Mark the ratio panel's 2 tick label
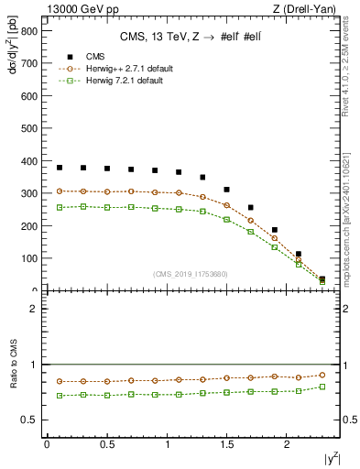tap(34, 309)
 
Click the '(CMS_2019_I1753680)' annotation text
tap(191, 273)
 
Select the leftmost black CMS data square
tap(60, 168)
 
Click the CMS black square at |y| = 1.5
tap(226, 190)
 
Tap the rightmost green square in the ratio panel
tap(322, 387)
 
